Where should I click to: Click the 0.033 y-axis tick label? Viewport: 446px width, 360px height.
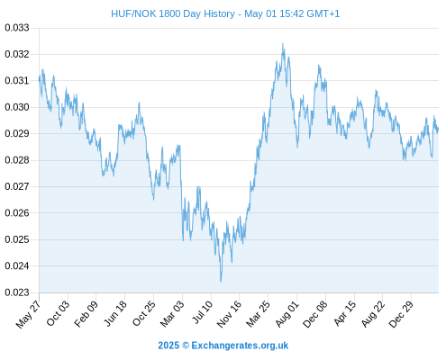(17, 28)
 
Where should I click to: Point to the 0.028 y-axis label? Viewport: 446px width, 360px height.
(17, 160)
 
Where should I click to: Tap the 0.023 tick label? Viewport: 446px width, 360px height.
(17, 292)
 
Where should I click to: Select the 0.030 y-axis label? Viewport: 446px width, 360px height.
(17, 107)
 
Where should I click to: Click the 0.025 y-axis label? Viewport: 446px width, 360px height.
(17, 239)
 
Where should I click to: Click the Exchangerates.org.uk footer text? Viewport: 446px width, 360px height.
(240, 346)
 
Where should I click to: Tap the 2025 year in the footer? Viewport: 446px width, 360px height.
(168, 346)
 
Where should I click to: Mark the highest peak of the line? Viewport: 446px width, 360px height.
(283, 43)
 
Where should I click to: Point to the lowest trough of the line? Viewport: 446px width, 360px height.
(221, 282)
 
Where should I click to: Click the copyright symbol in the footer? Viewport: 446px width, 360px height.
(186, 346)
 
